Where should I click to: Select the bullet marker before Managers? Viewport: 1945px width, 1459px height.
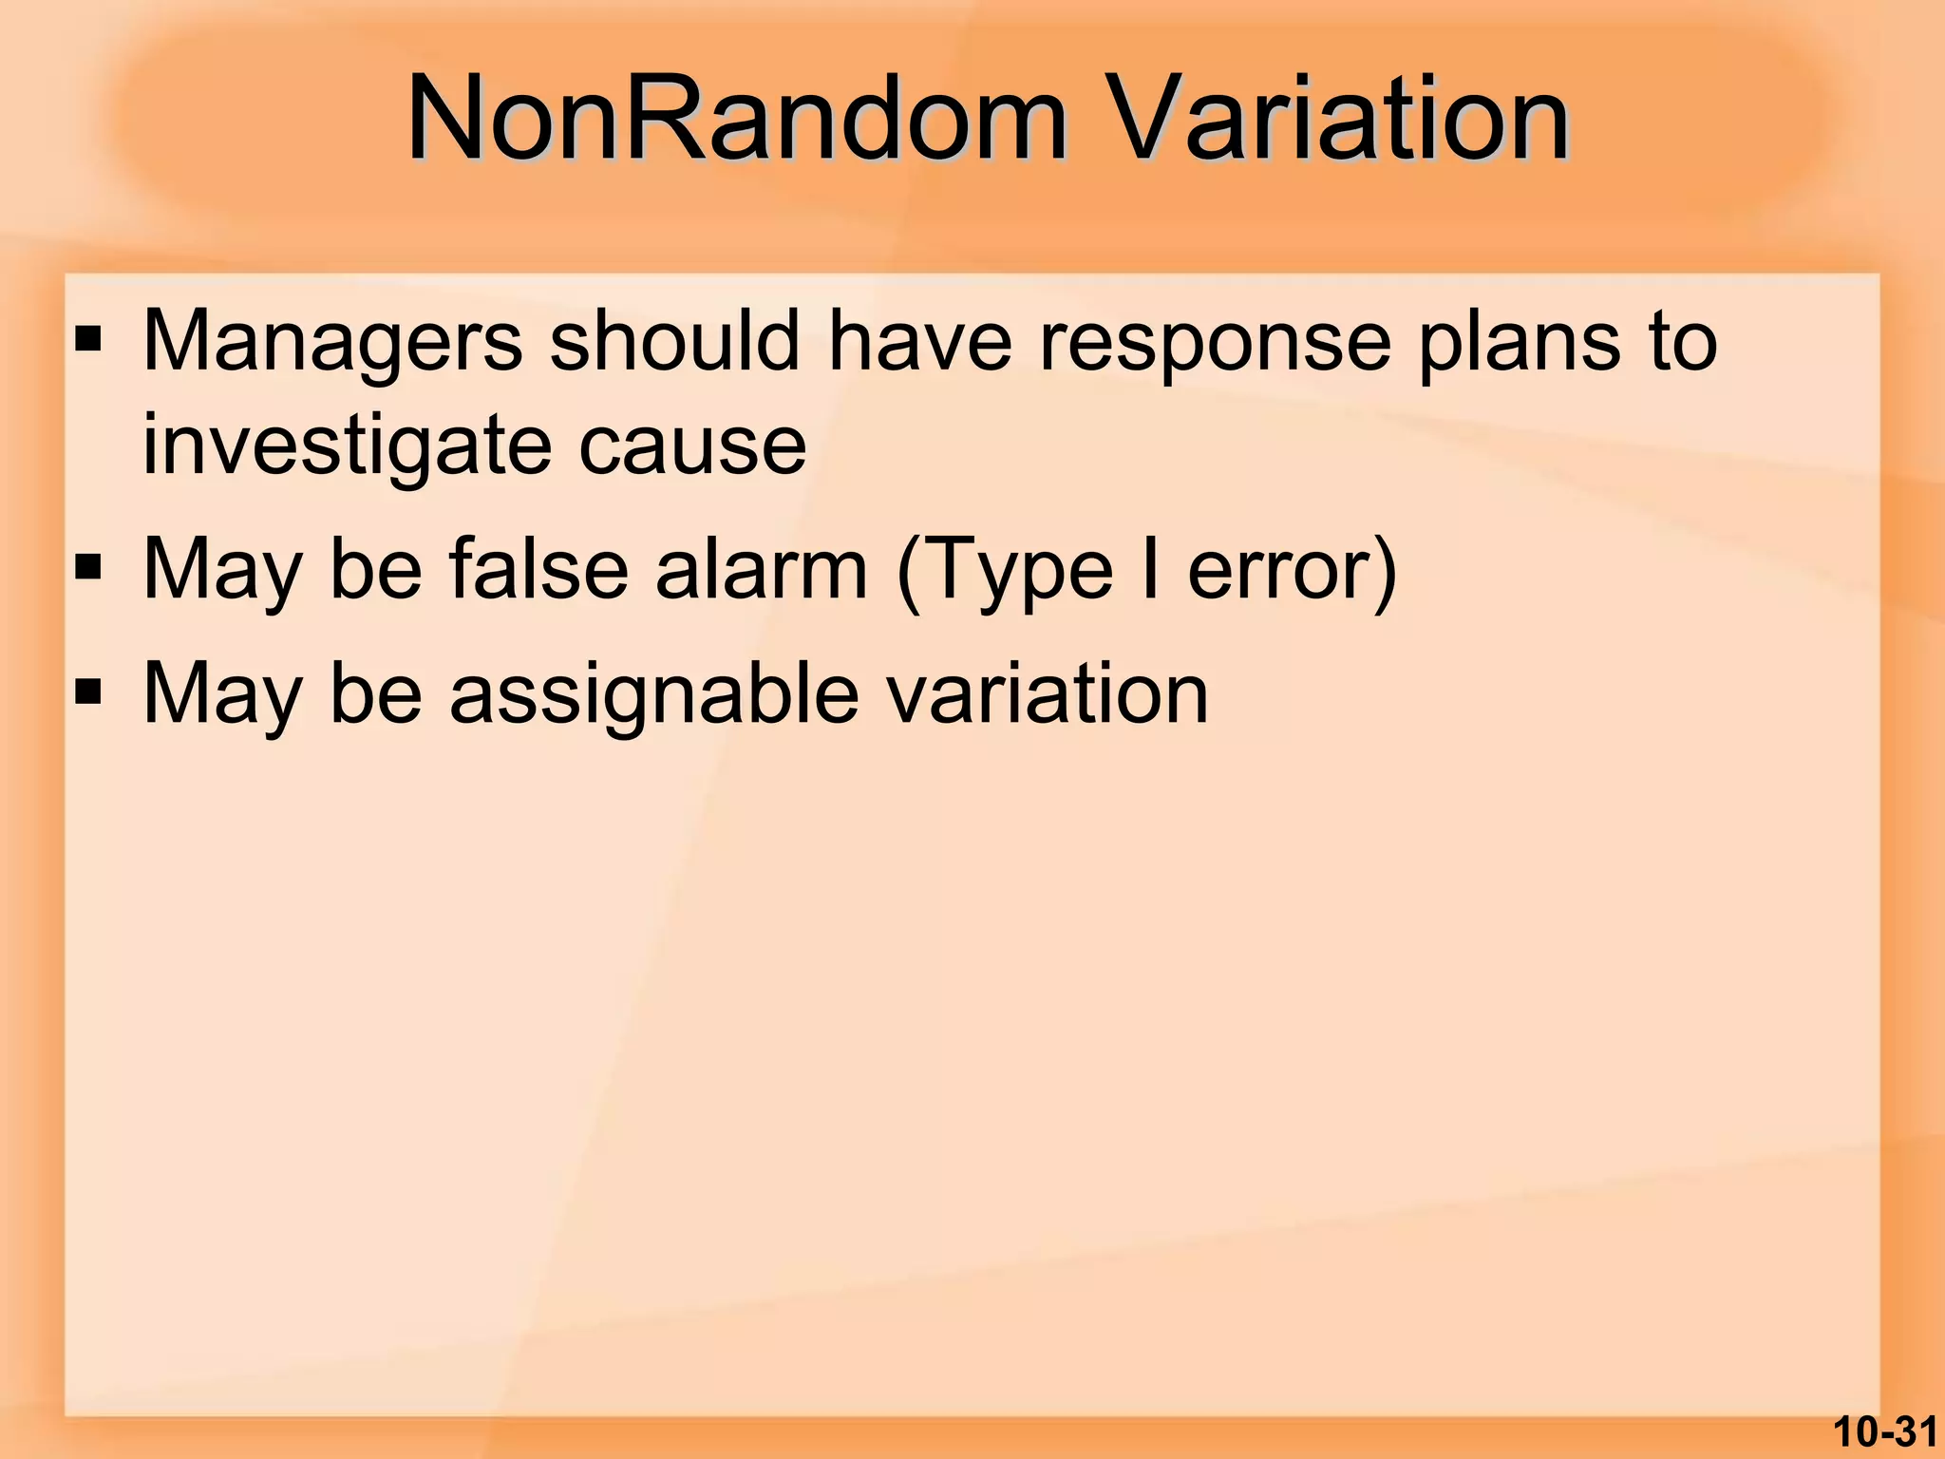coord(88,339)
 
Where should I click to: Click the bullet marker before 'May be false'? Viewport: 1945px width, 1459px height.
coord(88,569)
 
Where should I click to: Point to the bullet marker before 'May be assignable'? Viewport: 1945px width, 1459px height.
coord(88,693)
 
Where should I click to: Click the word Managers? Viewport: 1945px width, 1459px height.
coord(332,342)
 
